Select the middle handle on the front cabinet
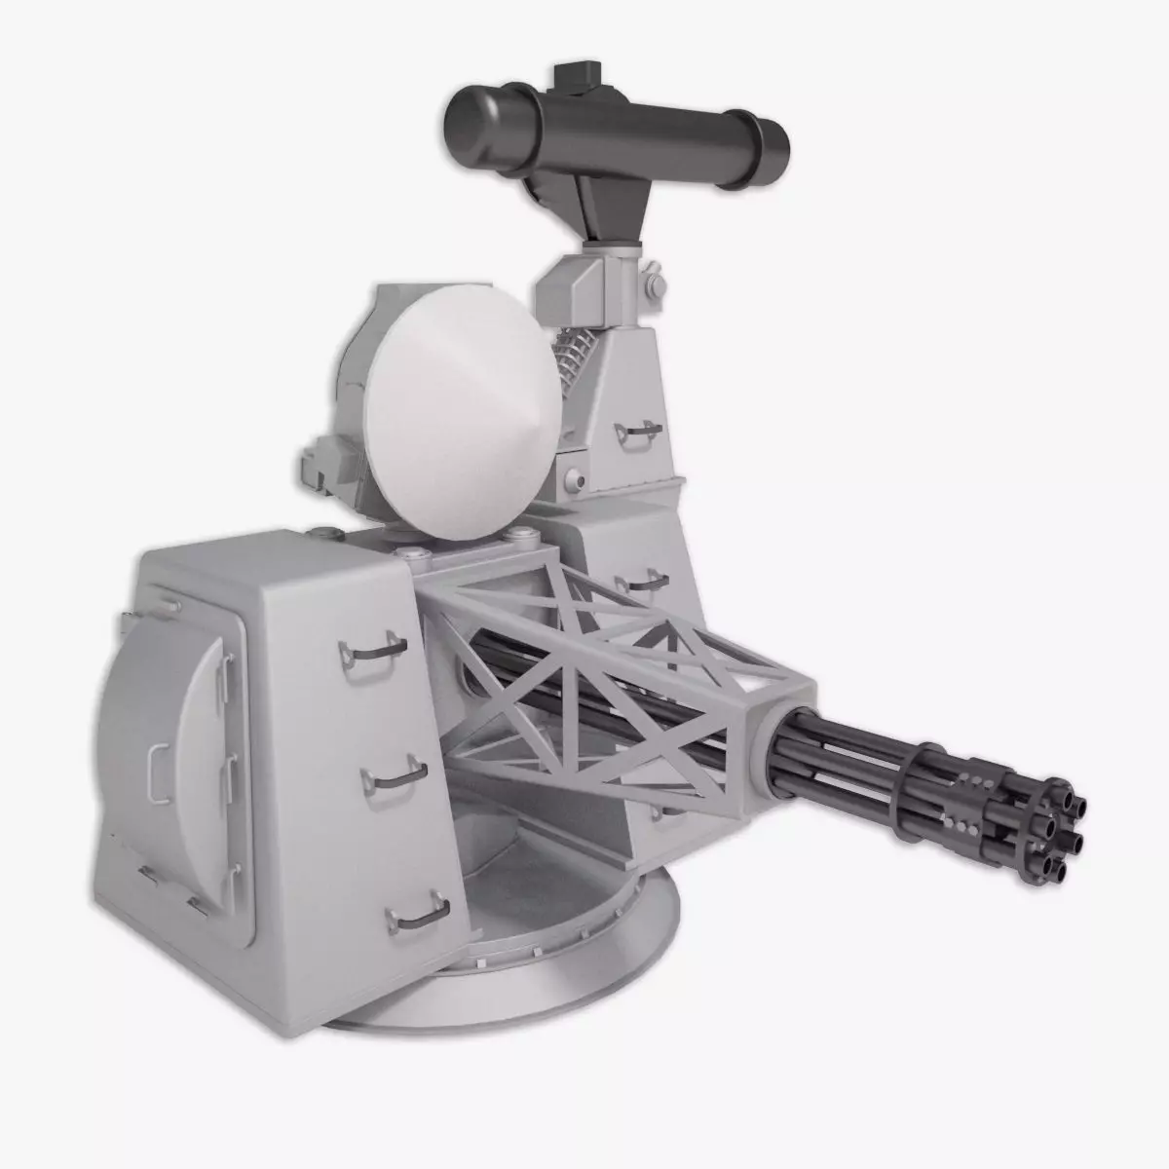point(395,776)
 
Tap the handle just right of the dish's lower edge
point(638,584)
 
